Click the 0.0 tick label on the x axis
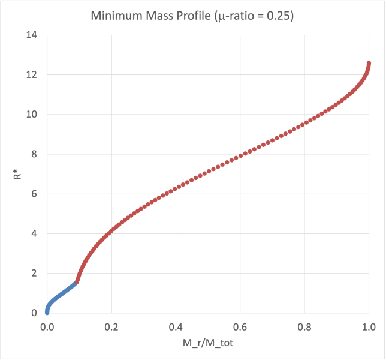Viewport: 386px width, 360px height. click(x=47, y=327)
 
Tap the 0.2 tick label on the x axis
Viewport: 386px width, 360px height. click(x=111, y=327)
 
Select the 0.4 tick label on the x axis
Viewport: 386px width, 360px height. click(x=176, y=327)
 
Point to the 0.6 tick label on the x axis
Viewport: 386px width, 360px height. click(x=240, y=327)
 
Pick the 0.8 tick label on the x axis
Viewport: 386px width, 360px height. click(x=304, y=327)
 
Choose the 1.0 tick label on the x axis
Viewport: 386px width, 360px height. click(x=369, y=327)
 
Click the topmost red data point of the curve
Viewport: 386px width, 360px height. click(x=369, y=63)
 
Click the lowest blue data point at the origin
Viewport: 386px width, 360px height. click(x=47, y=312)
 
